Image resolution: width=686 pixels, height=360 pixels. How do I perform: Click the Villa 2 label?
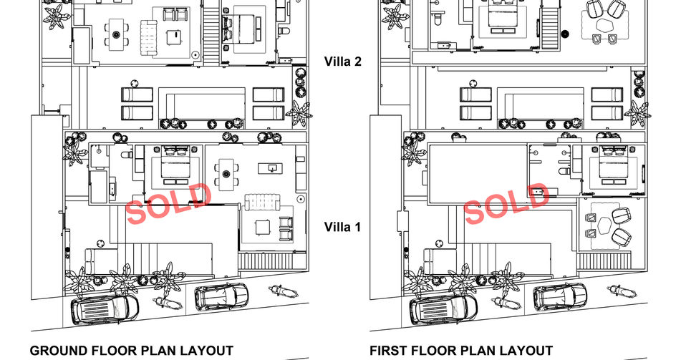(342, 62)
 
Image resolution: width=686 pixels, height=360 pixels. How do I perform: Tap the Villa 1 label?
(342, 227)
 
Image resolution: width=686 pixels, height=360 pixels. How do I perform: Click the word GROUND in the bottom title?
(59, 351)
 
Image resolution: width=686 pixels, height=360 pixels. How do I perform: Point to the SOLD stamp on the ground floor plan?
(168, 203)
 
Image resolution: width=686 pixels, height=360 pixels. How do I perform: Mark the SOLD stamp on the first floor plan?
(507, 203)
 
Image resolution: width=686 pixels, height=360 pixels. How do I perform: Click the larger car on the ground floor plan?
(105, 308)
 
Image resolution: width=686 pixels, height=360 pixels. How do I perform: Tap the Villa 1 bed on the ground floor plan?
(176, 165)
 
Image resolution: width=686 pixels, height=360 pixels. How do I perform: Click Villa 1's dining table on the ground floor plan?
(226, 174)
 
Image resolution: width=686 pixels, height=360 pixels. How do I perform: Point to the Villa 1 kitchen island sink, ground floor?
(271, 168)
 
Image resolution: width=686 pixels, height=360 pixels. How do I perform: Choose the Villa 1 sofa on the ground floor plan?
(261, 203)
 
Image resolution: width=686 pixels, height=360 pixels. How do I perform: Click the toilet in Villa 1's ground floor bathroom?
(127, 154)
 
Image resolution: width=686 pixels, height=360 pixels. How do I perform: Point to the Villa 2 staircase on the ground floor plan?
(211, 31)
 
